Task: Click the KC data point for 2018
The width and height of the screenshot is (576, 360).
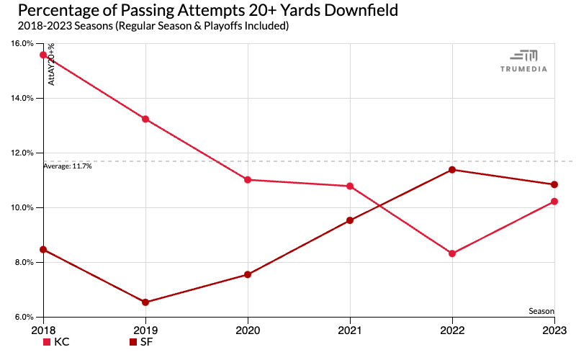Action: pyautogui.click(x=43, y=55)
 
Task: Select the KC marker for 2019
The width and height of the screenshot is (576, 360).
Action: pyautogui.click(x=145, y=119)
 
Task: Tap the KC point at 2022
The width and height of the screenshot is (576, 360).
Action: pyautogui.click(x=452, y=253)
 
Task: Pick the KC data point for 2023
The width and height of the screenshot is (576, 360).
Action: pyautogui.click(x=554, y=202)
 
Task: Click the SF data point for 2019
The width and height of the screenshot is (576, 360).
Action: pyautogui.click(x=145, y=302)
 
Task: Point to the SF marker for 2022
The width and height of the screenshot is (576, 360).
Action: pyautogui.click(x=452, y=170)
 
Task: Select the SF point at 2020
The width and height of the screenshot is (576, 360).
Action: pyautogui.click(x=248, y=274)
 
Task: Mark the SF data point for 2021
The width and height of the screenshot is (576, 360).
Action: pyautogui.click(x=350, y=220)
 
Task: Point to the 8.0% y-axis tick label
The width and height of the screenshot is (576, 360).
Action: pyautogui.click(x=24, y=262)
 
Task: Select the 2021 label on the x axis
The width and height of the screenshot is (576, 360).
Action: pyautogui.click(x=350, y=329)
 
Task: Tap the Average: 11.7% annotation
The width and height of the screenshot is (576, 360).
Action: pyautogui.click(x=68, y=166)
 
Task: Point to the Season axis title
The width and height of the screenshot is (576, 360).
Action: pyautogui.click(x=541, y=311)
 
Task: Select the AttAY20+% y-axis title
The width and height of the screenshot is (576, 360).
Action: pyautogui.click(x=52, y=65)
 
